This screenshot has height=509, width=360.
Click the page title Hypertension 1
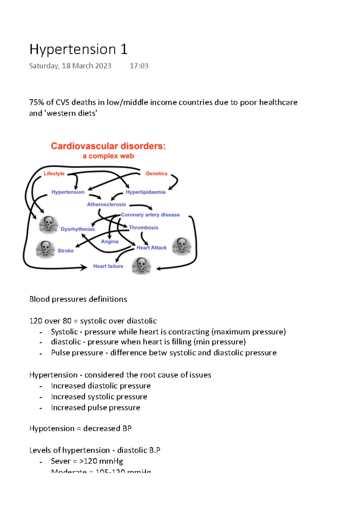point(78,49)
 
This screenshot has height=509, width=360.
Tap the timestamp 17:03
point(139,66)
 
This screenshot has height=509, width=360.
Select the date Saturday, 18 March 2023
point(70,66)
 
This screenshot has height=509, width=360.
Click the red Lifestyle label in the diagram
point(54,174)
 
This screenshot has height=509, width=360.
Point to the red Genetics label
point(156,174)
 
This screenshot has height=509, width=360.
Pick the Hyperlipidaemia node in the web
point(145,192)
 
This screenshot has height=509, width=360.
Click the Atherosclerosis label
point(106,204)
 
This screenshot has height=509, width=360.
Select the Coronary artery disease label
point(150,215)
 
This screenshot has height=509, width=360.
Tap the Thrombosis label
point(143,228)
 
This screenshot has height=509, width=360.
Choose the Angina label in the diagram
point(109,242)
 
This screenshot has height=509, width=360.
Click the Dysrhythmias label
point(77,229)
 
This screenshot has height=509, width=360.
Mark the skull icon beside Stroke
point(45,249)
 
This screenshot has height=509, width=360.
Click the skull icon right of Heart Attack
point(181,246)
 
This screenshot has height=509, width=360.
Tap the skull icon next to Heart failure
point(141,266)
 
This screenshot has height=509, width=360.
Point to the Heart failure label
point(108,266)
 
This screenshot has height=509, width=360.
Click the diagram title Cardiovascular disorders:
point(108,146)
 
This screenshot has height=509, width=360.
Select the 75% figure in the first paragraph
point(37,103)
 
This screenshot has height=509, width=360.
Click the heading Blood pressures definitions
point(78,299)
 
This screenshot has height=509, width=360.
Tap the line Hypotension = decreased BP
point(80,428)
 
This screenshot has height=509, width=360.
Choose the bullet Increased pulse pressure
point(95,408)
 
